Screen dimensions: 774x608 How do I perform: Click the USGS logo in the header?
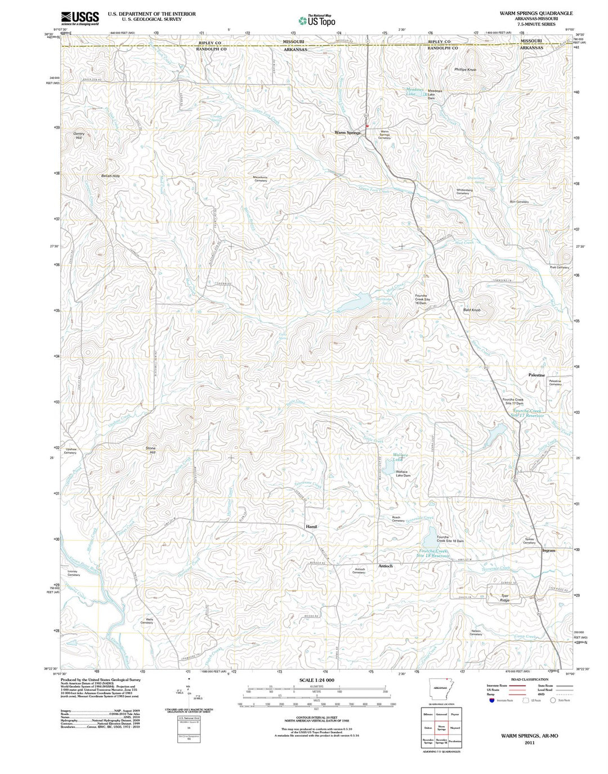tap(80, 17)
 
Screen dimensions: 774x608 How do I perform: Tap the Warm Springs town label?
tap(347, 133)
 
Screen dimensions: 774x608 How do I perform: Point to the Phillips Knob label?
tap(465, 70)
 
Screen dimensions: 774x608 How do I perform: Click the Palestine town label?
tap(537, 375)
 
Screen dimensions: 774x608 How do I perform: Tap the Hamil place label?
tap(311, 527)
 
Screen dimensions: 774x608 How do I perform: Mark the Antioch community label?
tap(386, 566)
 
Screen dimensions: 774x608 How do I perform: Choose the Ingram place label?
tap(548, 550)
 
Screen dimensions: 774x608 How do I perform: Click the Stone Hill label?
tap(150, 450)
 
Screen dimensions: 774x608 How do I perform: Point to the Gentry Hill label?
tap(78, 136)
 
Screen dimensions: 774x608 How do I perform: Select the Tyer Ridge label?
tap(504, 598)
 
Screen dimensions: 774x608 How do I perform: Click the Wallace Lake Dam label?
tap(403, 474)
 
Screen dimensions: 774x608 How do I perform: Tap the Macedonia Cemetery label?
tap(260, 179)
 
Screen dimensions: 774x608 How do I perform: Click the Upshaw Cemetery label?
tap(70, 451)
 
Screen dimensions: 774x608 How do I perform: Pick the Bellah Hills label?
tap(110, 176)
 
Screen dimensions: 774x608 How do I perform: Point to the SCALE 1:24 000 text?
tap(316, 680)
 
